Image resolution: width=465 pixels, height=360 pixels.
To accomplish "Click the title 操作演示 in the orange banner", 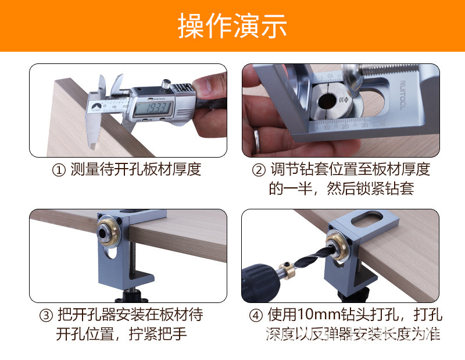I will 233,26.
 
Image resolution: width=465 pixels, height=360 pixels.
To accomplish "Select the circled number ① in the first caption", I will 58,170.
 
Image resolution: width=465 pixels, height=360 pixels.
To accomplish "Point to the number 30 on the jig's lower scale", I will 364,126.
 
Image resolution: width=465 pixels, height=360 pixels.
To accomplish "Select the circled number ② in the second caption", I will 259,170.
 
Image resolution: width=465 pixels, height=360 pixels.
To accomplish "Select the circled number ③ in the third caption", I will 46,316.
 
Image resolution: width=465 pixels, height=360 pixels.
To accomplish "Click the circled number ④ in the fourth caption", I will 256,316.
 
